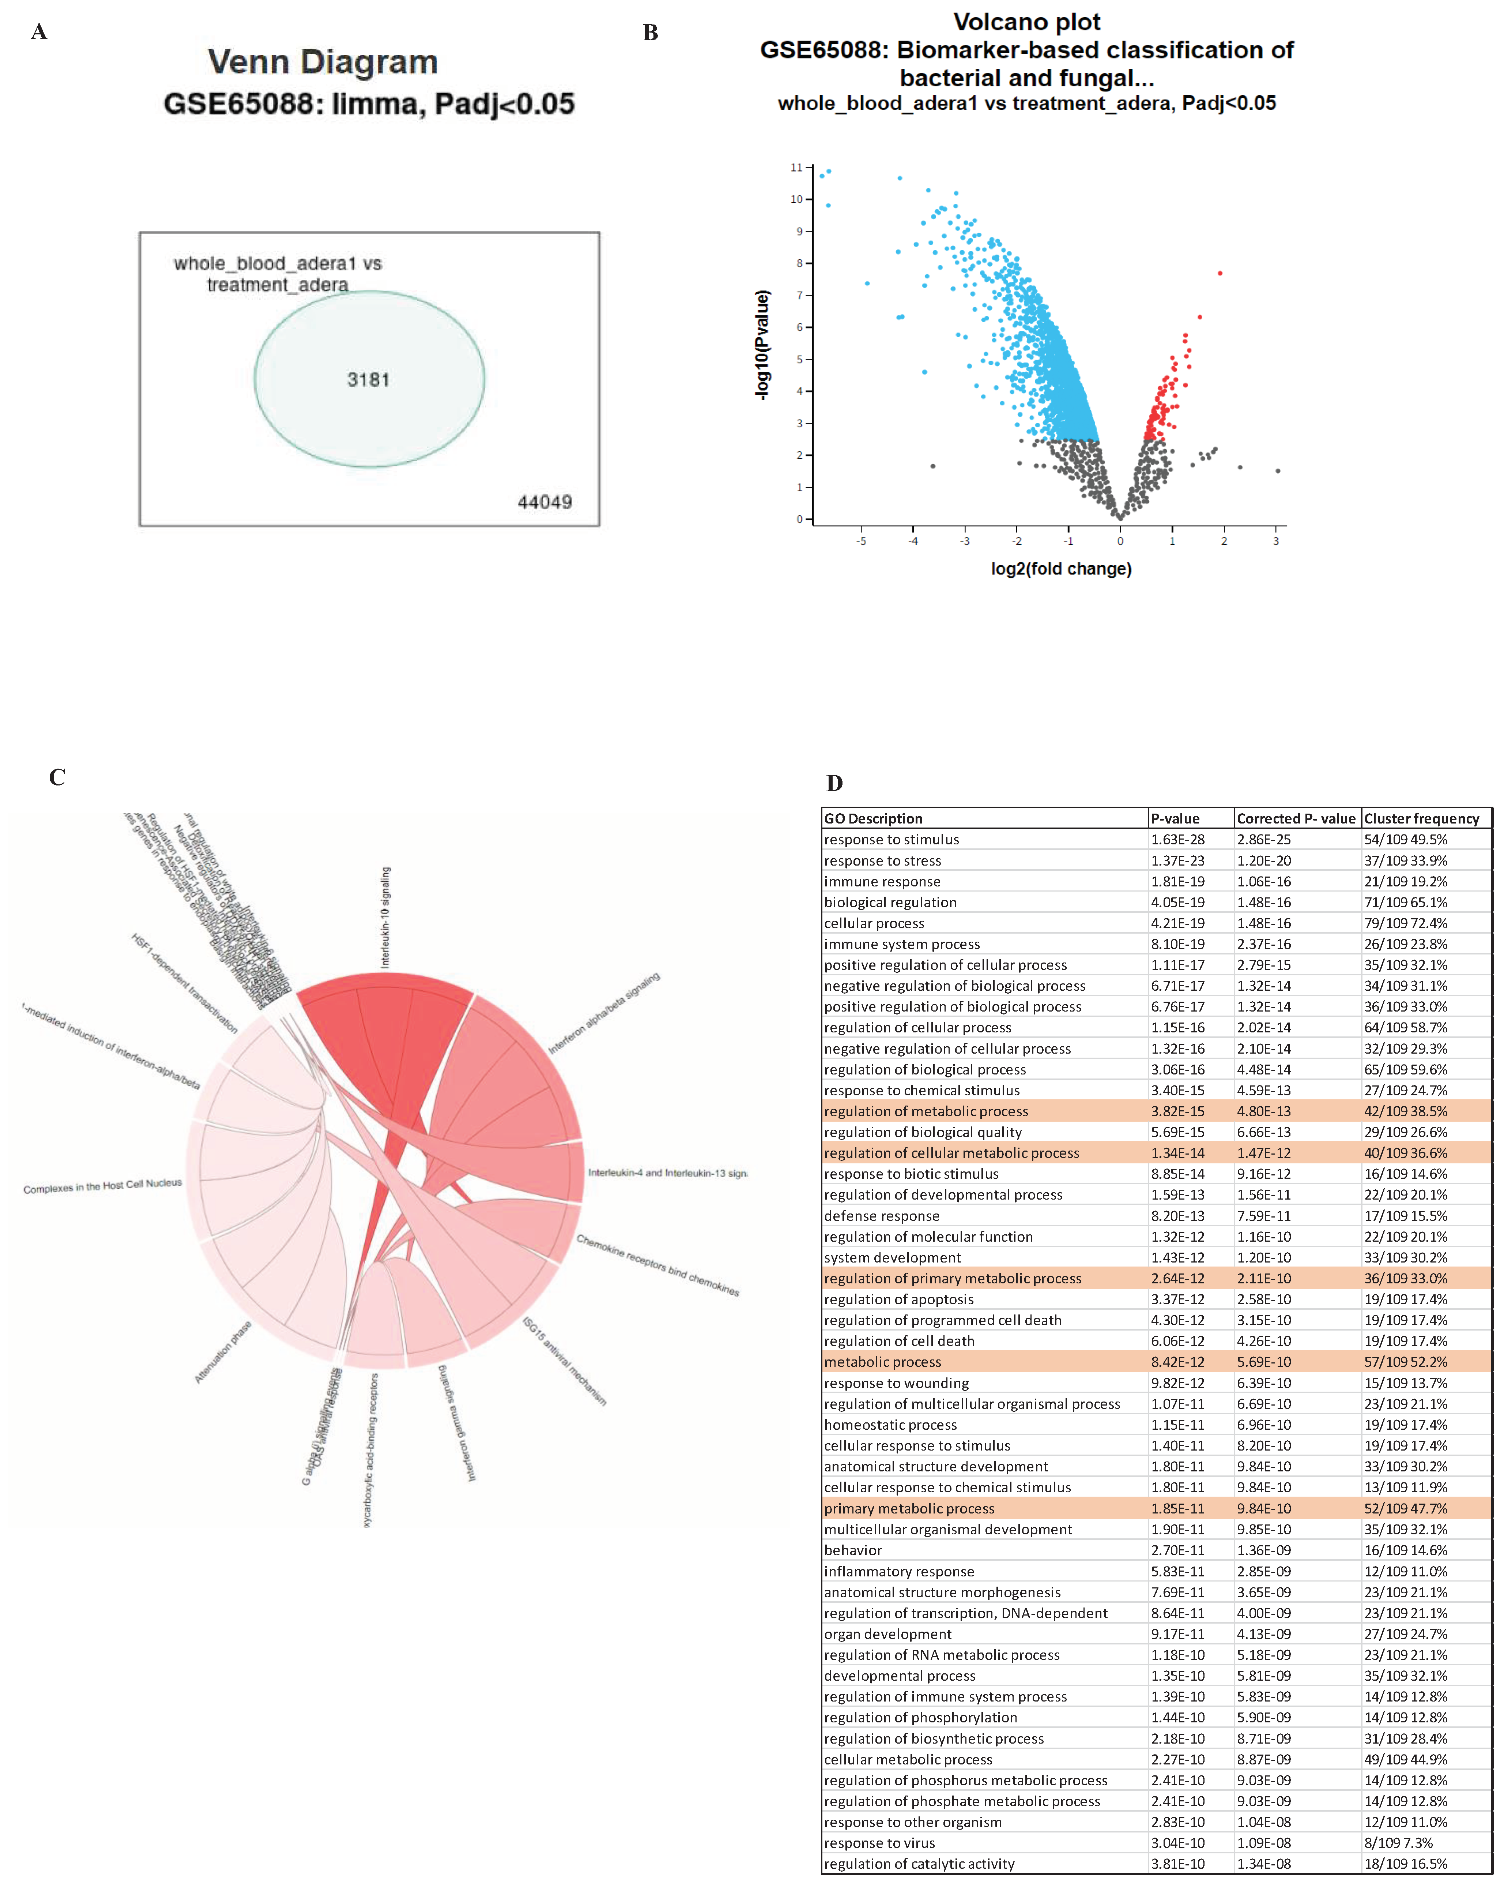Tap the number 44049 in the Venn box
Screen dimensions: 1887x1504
(544, 502)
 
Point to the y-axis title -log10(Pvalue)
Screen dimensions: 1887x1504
(762, 346)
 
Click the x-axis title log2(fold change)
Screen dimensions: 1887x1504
(1060, 569)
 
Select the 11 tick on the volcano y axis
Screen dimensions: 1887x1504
(796, 167)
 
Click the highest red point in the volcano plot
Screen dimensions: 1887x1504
(1220, 273)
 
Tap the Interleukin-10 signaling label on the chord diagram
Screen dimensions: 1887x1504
(386, 917)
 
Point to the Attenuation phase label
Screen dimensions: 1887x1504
(223, 1352)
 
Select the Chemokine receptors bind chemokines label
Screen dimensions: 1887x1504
(657, 1265)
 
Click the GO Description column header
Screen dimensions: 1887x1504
(873, 818)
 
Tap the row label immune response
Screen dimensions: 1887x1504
(882, 881)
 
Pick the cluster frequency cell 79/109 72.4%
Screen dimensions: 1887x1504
(1405, 923)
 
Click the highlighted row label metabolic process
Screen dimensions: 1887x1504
(882, 1362)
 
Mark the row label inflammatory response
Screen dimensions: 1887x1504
(898, 1571)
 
